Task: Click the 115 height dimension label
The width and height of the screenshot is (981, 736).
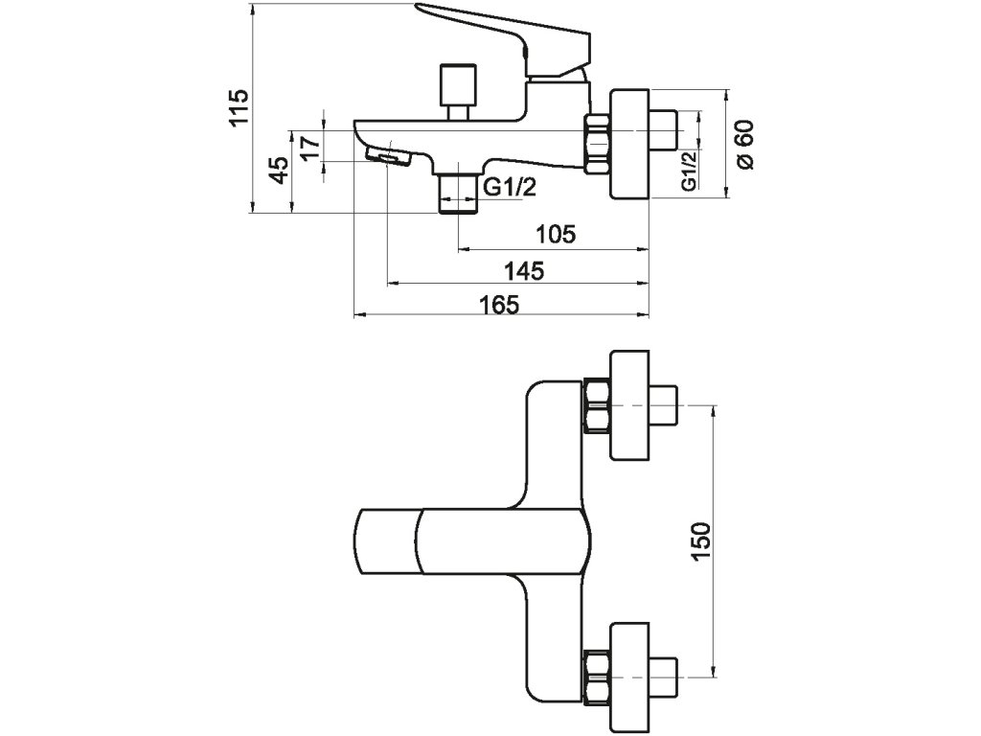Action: [239, 107]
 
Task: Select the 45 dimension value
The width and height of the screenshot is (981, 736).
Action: [279, 171]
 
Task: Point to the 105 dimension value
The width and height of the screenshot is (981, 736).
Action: [556, 235]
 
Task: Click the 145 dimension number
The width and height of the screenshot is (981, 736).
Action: [524, 271]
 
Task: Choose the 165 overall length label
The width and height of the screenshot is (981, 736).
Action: [499, 305]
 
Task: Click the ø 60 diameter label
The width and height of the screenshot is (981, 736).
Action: [745, 144]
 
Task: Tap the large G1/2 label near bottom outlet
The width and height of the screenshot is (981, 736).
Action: [511, 187]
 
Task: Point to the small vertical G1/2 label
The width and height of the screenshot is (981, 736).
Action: [688, 171]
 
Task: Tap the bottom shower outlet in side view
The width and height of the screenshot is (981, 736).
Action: [458, 194]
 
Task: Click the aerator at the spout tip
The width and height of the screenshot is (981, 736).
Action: [388, 156]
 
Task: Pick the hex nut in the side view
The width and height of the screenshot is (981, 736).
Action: [598, 144]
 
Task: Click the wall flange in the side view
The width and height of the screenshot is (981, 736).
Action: [630, 145]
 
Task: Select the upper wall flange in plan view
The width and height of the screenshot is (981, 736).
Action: [630, 405]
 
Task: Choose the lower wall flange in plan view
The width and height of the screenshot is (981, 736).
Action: [630, 678]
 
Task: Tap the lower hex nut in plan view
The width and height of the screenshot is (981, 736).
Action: [597, 678]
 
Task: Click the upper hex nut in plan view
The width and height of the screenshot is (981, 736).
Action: [597, 405]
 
